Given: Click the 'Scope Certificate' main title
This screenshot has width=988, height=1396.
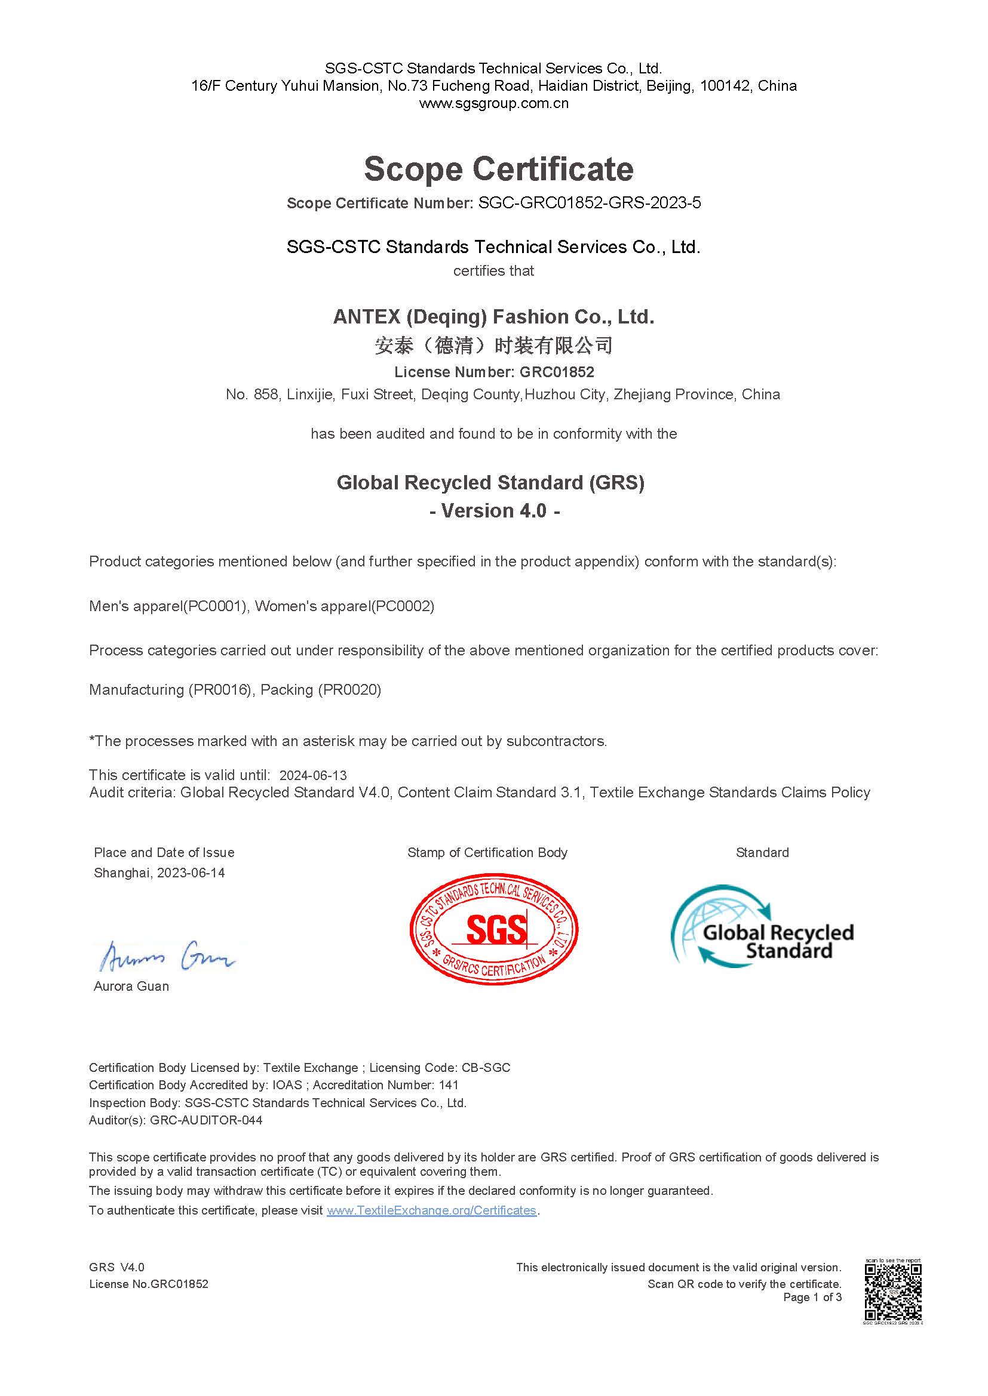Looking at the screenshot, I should tap(498, 168).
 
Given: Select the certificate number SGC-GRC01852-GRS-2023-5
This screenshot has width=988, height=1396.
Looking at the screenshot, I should tap(589, 203).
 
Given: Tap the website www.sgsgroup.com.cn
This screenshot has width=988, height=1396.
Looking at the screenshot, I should tap(493, 103).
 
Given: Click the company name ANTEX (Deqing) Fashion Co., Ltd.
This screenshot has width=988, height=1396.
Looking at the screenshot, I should tap(493, 317).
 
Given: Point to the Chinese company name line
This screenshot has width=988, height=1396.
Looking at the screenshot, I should tap(493, 346).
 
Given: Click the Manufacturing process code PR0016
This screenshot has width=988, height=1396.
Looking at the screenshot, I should tap(220, 689).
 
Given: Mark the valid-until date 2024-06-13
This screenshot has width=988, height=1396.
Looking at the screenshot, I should tap(312, 775).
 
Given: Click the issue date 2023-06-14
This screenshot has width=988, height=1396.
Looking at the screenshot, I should tap(191, 873).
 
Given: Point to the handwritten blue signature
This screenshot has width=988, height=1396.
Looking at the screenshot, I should tap(167, 956).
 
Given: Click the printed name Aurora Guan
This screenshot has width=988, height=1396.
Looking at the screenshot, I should tap(131, 986).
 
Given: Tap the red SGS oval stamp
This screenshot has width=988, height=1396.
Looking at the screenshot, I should tap(493, 929).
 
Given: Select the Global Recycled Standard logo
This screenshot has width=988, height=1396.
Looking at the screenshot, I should tap(762, 926).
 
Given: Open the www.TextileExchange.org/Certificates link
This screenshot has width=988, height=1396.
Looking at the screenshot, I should tap(431, 1210).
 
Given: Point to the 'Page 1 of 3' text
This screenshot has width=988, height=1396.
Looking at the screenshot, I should tap(812, 1297).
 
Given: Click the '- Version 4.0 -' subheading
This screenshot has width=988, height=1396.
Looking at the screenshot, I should tap(494, 511).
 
